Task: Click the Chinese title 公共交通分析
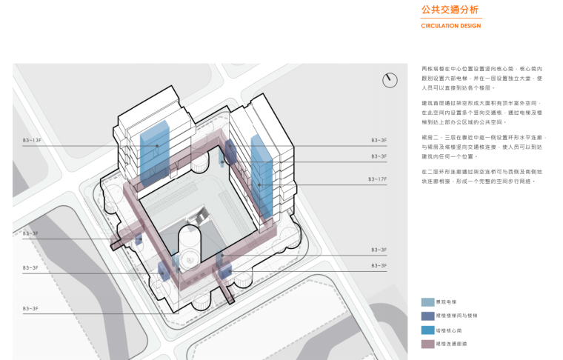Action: (x=446, y=10)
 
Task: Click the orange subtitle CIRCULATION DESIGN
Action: (x=450, y=26)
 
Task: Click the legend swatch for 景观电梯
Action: (x=428, y=302)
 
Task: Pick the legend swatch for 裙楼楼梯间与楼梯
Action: (x=428, y=316)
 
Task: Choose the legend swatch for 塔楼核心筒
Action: (x=428, y=330)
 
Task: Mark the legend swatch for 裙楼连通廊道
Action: (x=428, y=344)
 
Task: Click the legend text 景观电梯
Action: (x=446, y=302)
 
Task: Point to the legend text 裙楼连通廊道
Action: (x=451, y=344)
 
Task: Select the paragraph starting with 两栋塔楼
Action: (x=483, y=77)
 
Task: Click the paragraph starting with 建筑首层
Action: (x=483, y=112)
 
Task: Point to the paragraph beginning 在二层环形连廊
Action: (x=483, y=176)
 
